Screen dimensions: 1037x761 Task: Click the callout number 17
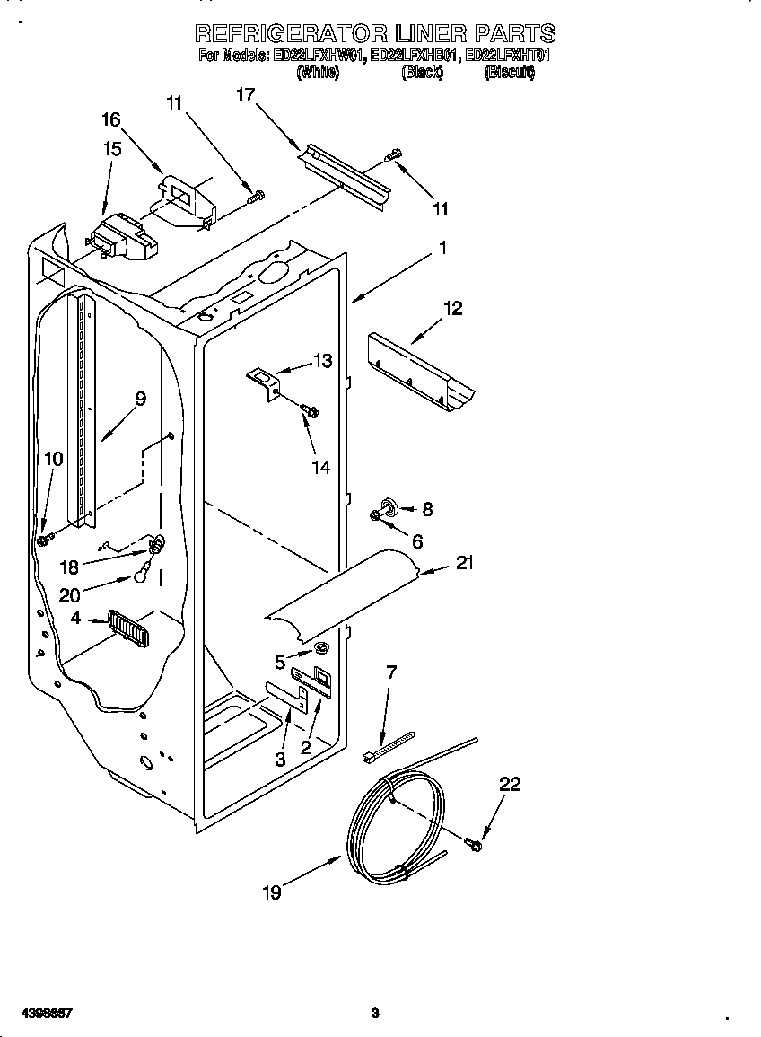coord(246,93)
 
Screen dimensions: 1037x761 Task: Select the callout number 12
coord(453,308)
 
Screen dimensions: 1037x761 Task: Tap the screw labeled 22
coord(474,843)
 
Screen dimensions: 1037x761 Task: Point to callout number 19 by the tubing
coord(272,892)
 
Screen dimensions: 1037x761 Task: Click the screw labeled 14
coord(311,410)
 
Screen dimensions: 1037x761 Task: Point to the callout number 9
coord(140,399)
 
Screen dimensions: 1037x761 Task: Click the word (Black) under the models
coord(422,74)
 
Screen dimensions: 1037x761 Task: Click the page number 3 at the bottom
coord(375,1014)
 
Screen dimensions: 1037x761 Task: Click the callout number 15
coord(112,148)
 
